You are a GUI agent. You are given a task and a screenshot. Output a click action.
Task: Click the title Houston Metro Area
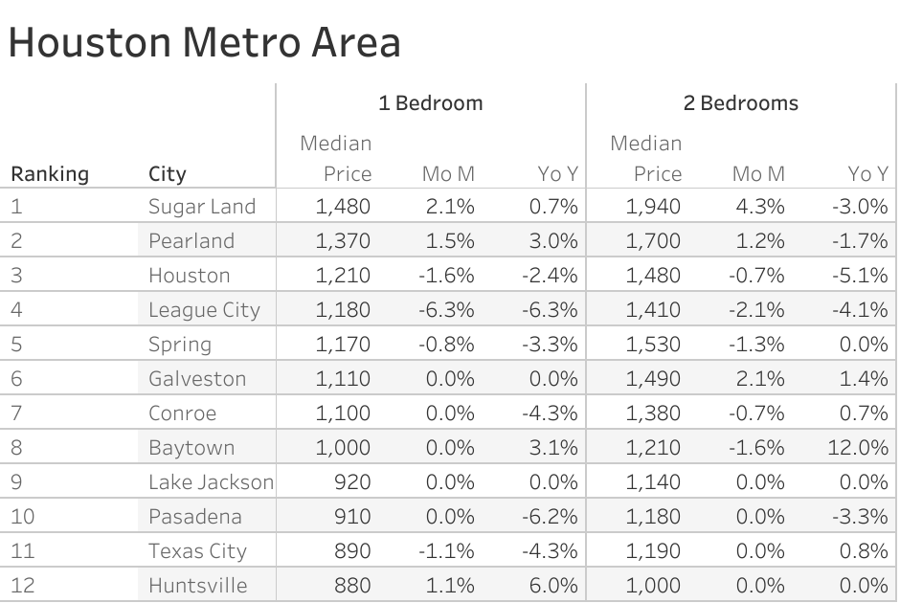(204, 43)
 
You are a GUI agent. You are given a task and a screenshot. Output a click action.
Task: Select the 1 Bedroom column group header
(430, 103)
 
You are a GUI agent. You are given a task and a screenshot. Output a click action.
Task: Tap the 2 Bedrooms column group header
(740, 103)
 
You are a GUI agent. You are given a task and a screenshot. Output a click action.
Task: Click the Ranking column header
(49, 174)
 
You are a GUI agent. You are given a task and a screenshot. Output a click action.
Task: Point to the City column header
(168, 174)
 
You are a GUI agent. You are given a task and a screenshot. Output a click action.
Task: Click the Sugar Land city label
(202, 207)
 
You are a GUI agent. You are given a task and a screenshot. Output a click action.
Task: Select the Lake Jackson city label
(211, 482)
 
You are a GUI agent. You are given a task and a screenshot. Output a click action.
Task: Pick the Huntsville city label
(197, 586)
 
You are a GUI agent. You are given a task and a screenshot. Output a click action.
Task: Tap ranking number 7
(18, 413)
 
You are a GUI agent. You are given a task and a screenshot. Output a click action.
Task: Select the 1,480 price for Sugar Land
(342, 207)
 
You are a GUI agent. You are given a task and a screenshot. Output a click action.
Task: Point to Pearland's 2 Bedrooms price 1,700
(653, 241)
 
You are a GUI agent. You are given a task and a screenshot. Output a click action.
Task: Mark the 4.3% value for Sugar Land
(761, 207)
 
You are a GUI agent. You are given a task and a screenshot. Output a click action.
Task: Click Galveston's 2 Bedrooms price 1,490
(653, 379)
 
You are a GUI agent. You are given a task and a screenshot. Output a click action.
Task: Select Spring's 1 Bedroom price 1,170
(342, 345)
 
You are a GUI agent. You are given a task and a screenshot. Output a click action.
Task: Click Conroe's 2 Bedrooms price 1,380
(653, 413)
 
